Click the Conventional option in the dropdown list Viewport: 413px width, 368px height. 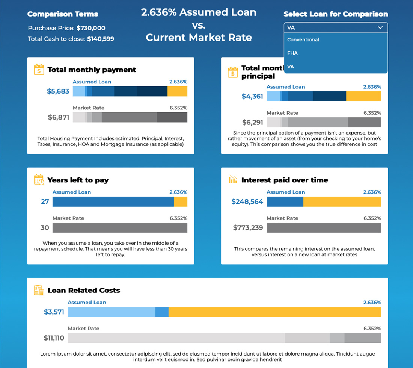click(x=303, y=40)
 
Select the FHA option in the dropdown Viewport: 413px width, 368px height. click(x=292, y=53)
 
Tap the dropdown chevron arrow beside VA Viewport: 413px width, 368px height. click(x=380, y=27)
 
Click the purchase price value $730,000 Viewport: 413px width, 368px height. click(x=91, y=28)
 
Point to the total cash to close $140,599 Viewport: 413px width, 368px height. click(x=101, y=39)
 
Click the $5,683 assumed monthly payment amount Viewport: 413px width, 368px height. click(x=58, y=91)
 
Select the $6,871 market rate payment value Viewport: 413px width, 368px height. click(x=59, y=117)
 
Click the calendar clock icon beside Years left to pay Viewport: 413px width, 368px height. click(x=39, y=180)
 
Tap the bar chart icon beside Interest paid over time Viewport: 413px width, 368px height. click(x=233, y=180)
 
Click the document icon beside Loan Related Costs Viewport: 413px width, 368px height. click(x=39, y=290)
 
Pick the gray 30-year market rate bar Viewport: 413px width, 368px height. click(x=120, y=228)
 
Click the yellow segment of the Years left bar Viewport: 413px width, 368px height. click(x=181, y=202)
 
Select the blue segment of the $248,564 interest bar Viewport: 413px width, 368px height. click(x=285, y=202)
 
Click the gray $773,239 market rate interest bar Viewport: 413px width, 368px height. click(x=324, y=228)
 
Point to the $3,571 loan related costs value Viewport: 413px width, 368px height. click(x=54, y=312)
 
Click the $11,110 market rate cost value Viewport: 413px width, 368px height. click(x=54, y=338)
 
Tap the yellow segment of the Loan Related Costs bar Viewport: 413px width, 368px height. click(x=275, y=312)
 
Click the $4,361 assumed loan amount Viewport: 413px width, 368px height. click(x=252, y=97)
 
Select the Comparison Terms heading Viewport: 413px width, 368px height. click(x=63, y=14)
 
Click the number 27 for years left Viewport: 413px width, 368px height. click(x=45, y=202)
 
